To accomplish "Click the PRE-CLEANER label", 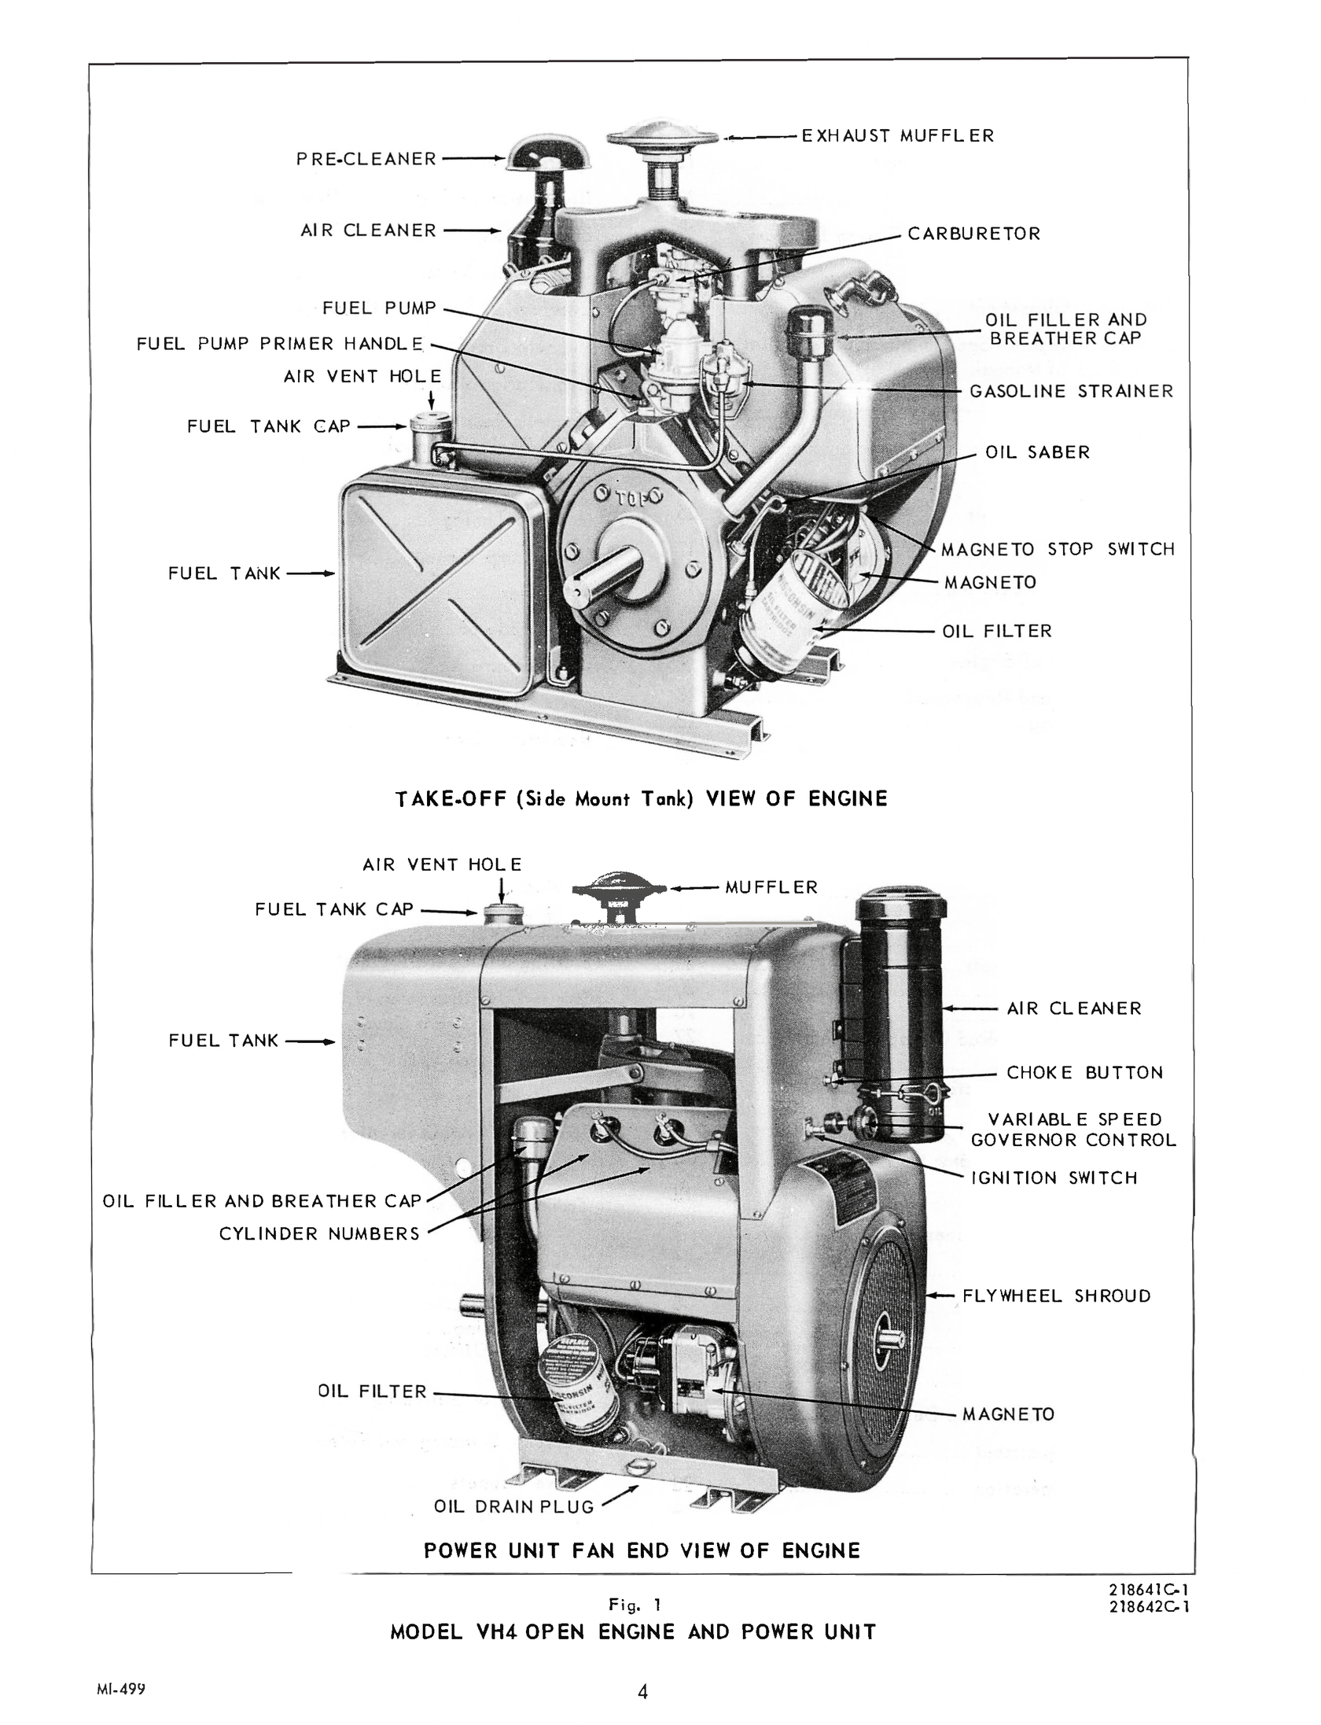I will click(x=366, y=159).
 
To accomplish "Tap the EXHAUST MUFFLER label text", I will click(x=897, y=136).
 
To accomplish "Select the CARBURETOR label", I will click(x=973, y=234).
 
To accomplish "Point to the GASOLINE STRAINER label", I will click(x=1070, y=391).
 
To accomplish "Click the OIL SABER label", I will click(x=1037, y=452).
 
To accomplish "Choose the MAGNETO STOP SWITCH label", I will click(x=1058, y=549).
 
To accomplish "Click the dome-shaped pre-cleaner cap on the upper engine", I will click(x=547, y=153).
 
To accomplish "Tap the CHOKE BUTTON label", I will click(x=1084, y=1073).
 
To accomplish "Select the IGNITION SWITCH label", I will click(x=1054, y=1178).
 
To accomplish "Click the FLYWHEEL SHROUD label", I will click(x=1056, y=1296).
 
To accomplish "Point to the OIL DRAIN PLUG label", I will click(x=513, y=1506).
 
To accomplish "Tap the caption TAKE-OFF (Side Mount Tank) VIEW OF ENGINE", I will click(x=641, y=799).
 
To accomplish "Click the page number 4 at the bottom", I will click(x=642, y=1692).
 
